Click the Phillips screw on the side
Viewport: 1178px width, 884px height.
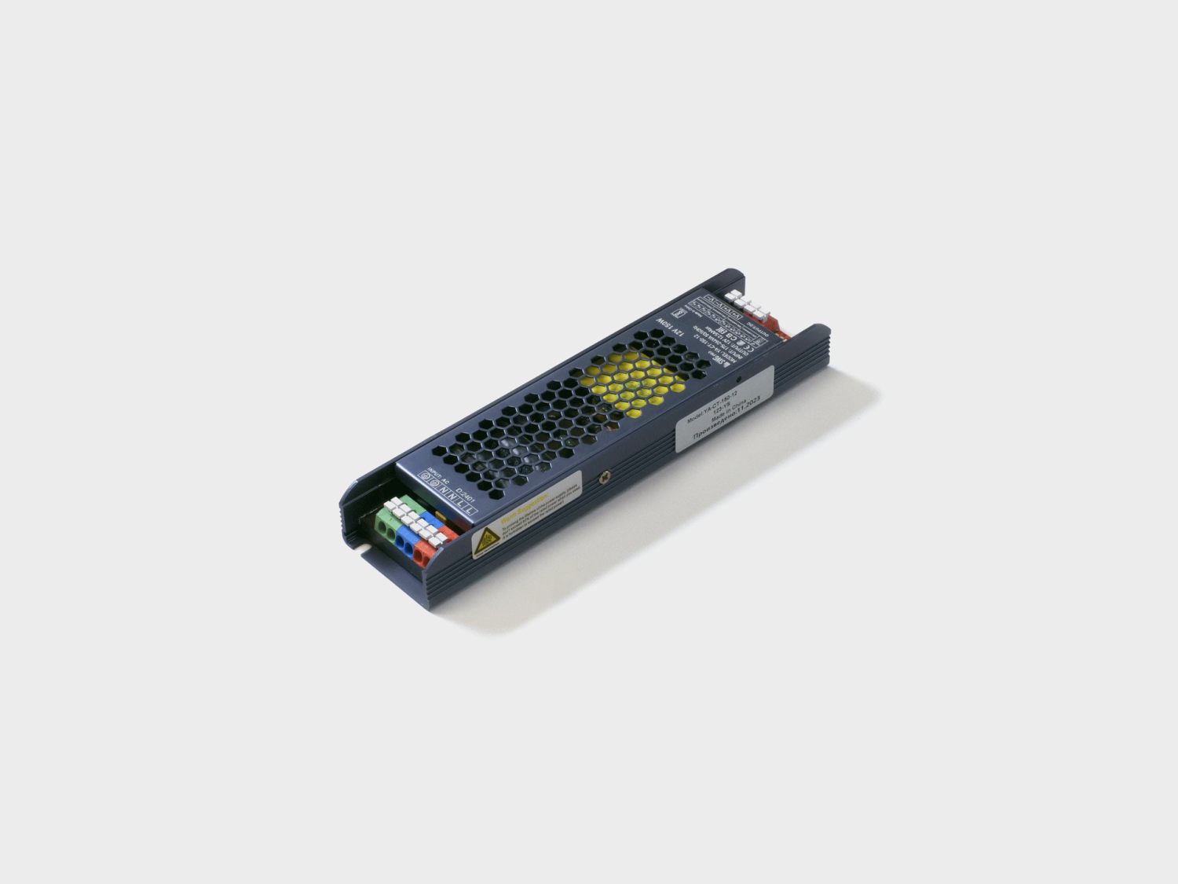point(605,476)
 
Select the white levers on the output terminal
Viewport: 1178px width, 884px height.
point(744,302)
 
